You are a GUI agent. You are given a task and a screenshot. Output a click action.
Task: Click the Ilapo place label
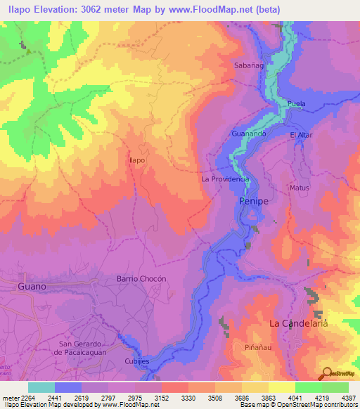point(136,160)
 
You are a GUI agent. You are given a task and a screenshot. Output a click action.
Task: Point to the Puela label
point(295,104)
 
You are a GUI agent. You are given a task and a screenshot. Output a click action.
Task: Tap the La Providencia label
point(225,179)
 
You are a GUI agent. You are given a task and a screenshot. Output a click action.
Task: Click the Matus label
point(299,188)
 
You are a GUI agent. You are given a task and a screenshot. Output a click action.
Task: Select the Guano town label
point(32,287)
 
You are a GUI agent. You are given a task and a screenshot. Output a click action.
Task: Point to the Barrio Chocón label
point(141,278)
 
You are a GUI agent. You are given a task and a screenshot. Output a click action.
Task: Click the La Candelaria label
point(299,323)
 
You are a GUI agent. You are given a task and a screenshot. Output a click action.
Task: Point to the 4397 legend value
point(348,398)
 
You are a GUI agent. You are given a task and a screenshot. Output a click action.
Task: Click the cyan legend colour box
point(41,387)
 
